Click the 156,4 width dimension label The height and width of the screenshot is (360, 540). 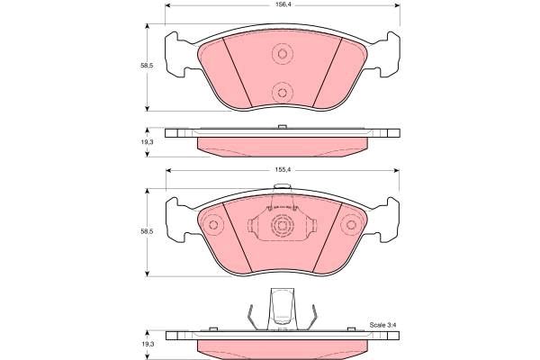[282, 4]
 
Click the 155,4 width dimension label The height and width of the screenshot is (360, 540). [282, 170]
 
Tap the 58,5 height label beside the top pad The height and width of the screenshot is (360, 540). [147, 66]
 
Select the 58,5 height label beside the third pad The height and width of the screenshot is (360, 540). [147, 231]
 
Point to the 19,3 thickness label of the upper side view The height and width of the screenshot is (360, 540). [147, 142]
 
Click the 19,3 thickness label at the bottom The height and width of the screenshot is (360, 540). [147, 345]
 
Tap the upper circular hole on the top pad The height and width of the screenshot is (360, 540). [282, 54]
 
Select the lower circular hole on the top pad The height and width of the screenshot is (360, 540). [282, 93]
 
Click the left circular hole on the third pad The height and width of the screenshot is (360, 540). [213, 225]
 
